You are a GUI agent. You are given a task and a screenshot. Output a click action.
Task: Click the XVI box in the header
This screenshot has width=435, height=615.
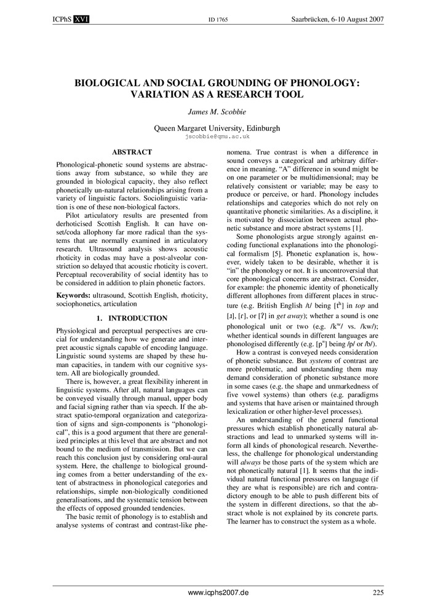[81, 20]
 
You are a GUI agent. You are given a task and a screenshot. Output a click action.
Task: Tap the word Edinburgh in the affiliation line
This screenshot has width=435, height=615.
[260, 129]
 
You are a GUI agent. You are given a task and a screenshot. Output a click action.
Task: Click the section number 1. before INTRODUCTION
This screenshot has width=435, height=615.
[100, 318]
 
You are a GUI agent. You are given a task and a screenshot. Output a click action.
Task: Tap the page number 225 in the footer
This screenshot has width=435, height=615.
[378, 593]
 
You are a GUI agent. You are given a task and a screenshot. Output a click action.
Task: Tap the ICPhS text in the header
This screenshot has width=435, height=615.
[58, 20]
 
